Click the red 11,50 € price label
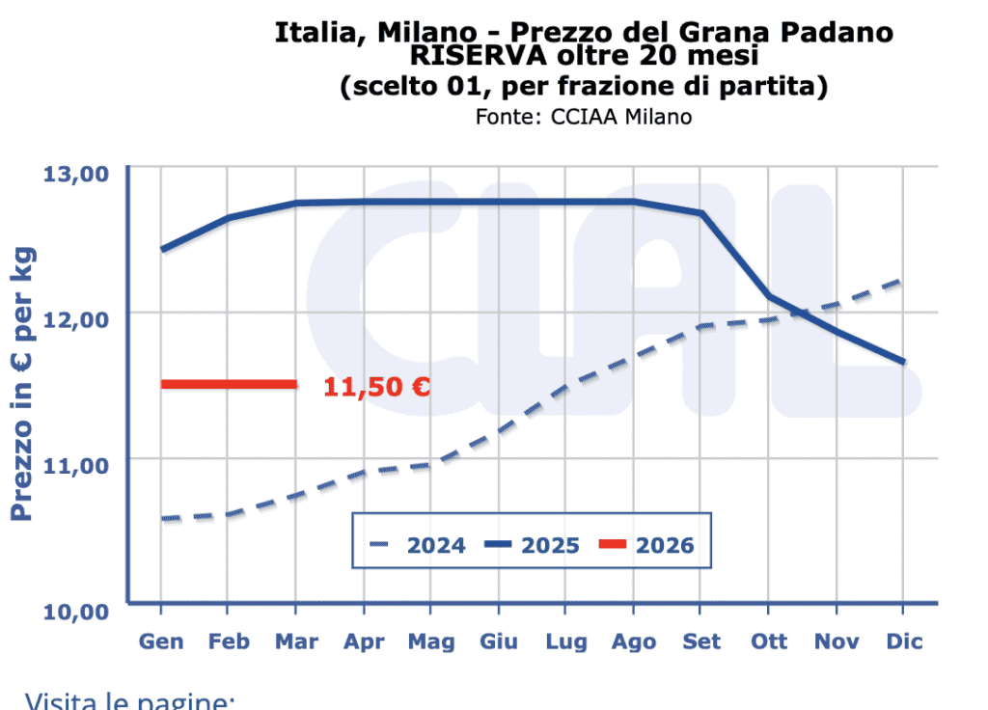coord(376,387)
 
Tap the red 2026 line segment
coord(229,384)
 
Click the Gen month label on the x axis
coord(161,642)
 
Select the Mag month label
coord(431,642)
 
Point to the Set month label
coord(701,642)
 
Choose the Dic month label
coord(903,642)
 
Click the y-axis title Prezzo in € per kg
coord(23,384)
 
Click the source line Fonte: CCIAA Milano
coord(583,116)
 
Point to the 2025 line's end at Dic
coord(903,362)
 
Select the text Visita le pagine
coord(129,700)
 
